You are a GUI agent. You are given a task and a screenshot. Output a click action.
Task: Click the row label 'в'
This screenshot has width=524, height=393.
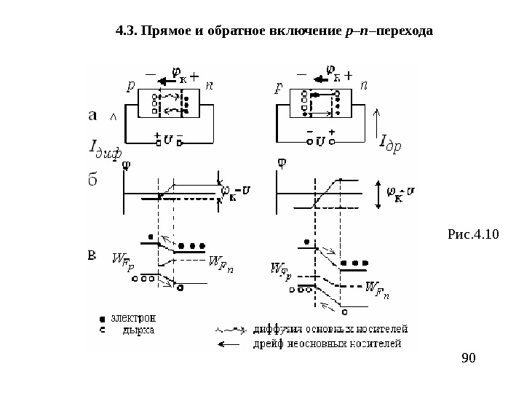[x=92, y=255]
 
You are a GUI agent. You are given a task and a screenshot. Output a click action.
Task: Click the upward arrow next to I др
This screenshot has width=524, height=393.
[x=376, y=120]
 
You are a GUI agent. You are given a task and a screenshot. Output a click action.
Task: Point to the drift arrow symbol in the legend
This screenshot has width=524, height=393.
[x=231, y=343]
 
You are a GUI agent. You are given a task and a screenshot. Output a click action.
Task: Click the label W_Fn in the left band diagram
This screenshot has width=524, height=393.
[x=222, y=261]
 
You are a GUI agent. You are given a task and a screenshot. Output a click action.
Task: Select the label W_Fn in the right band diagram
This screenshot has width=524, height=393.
[x=376, y=289]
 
